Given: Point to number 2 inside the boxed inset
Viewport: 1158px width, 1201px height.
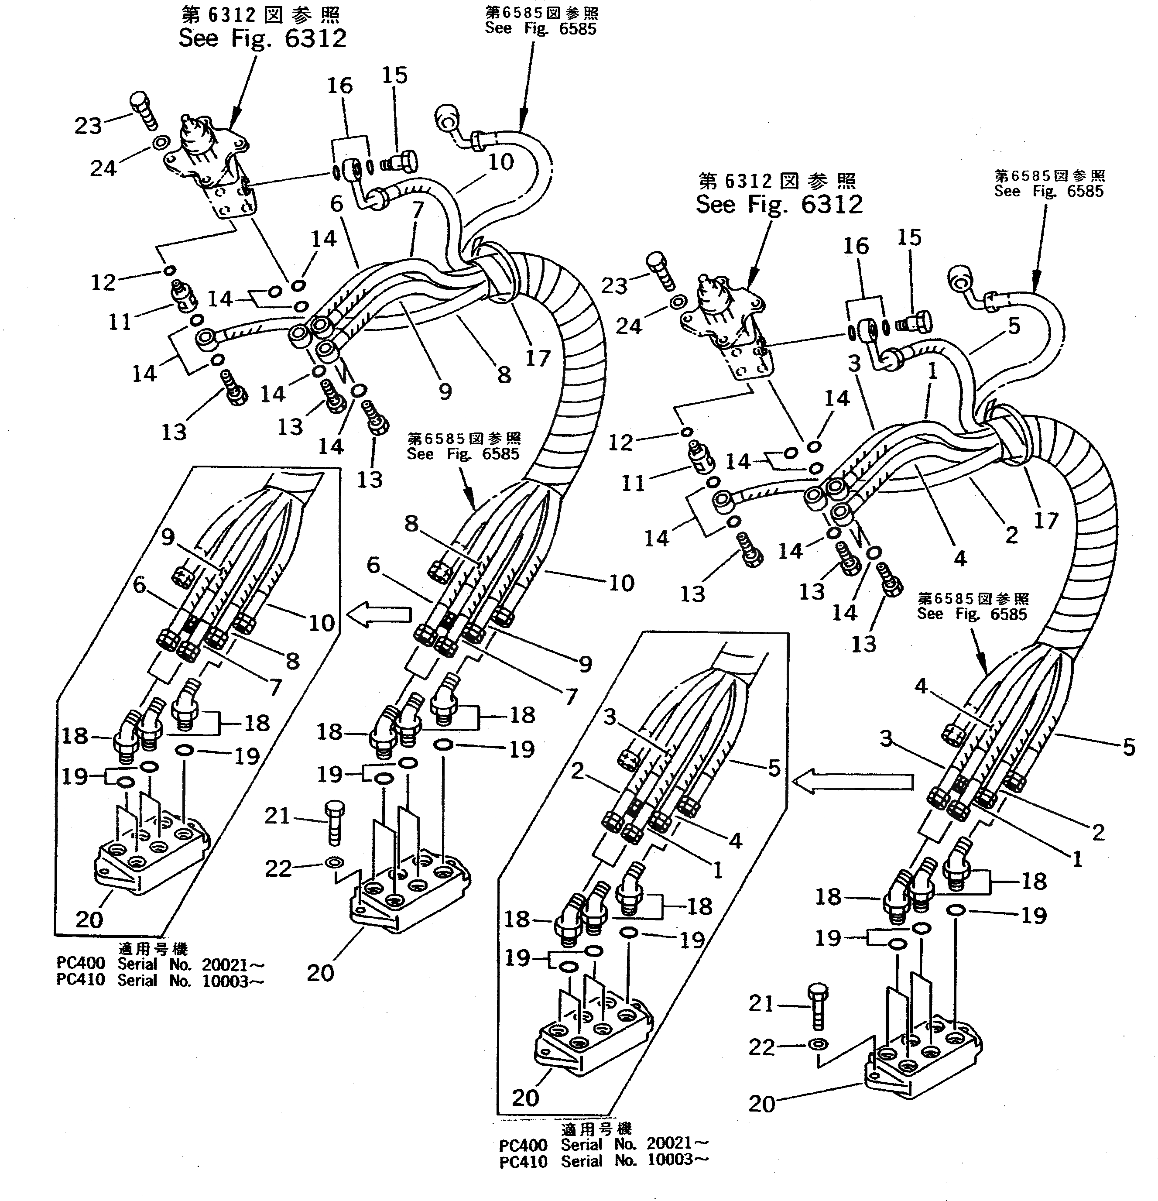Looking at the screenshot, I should tap(577, 770).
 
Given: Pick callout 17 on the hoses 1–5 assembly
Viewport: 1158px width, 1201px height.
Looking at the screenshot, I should tap(1046, 520).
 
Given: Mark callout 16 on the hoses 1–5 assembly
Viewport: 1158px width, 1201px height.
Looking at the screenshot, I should tap(855, 246).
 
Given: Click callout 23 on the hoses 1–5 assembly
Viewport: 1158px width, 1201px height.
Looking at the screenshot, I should tap(614, 285).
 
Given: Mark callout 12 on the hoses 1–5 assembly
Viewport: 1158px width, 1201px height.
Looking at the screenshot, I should tap(620, 442).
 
